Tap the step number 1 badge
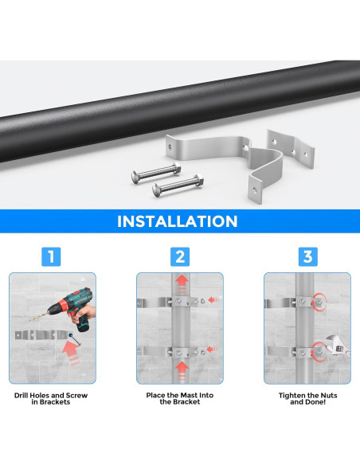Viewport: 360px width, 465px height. pyautogui.click(x=51, y=256)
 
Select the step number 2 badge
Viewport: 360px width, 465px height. pyautogui.click(x=180, y=256)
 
